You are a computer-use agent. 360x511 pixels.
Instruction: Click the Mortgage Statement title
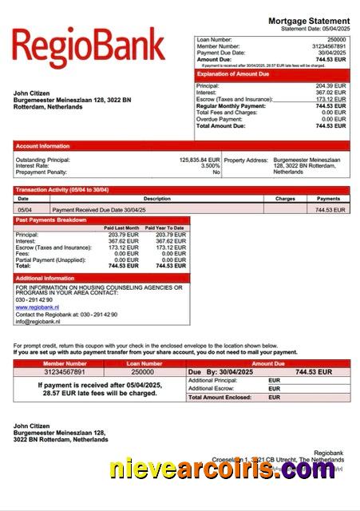point(309,21)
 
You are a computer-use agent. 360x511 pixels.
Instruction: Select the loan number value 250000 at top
point(337,39)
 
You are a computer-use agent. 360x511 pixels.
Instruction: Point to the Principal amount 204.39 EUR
point(330,85)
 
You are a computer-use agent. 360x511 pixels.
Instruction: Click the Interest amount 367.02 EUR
point(330,92)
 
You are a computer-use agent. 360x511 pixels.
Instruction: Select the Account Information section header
point(43,146)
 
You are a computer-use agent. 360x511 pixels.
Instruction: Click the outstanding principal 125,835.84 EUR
point(200,160)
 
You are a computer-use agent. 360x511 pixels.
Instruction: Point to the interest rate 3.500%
point(210,166)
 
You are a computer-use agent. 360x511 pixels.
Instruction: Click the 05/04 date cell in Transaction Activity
point(24,209)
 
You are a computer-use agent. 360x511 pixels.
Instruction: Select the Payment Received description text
point(105,209)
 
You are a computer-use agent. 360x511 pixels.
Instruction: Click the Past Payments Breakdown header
point(51,220)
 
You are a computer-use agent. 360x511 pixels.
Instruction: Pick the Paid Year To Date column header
point(164,228)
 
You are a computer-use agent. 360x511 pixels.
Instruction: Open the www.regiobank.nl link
point(38,307)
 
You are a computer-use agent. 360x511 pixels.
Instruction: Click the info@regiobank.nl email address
point(38,321)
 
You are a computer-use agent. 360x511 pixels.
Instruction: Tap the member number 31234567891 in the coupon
point(53,372)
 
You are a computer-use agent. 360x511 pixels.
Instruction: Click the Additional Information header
point(45,278)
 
